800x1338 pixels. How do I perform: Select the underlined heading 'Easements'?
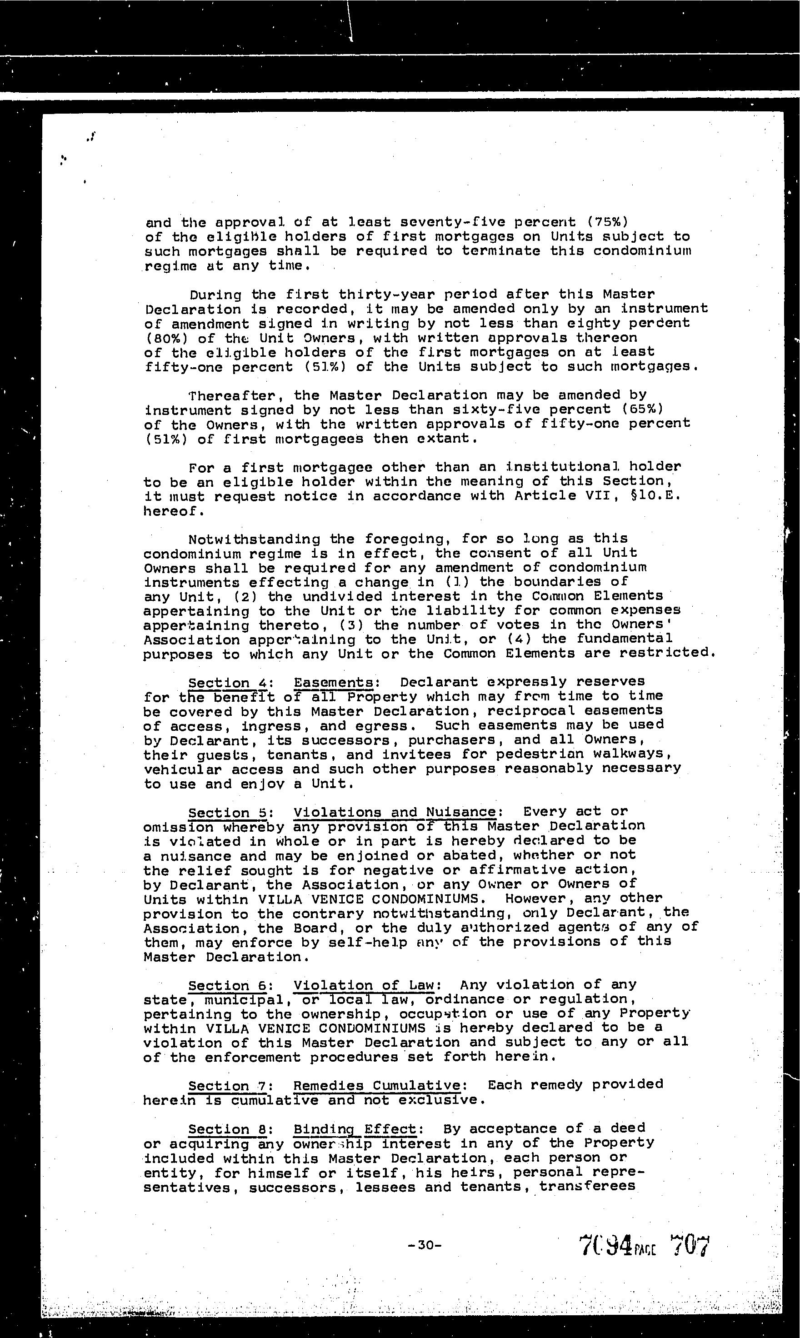pyautogui.click(x=333, y=682)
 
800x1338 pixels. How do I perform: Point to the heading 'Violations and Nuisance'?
pyautogui.click(x=395, y=812)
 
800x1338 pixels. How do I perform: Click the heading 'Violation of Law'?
pyautogui.click(x=364, y=985)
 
